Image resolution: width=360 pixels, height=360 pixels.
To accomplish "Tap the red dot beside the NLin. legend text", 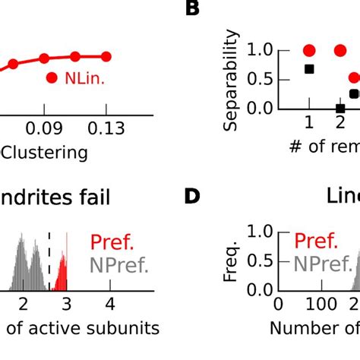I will tap(52, 77).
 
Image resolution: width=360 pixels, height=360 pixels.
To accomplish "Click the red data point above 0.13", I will tap(106, 56).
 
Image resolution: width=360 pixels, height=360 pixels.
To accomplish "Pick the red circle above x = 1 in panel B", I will tap(308, 51).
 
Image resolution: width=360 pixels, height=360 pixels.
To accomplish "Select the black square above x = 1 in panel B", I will tap(308, 69).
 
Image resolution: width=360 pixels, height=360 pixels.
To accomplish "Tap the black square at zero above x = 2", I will tap(339, 109).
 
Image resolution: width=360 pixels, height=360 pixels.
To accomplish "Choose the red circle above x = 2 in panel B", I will tap(339, 51).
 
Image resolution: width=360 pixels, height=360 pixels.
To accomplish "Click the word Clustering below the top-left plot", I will tap(44, 153).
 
